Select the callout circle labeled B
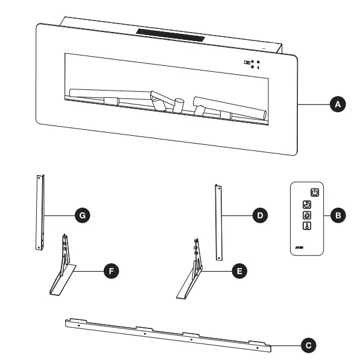tap(338, 214)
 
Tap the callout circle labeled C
tap(309, 345)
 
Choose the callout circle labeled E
tap(240, 272)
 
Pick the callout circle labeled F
tap(110, 272)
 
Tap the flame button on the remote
tap(306, 215)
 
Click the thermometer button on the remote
tap(306, 226)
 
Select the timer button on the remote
tap(306, 205)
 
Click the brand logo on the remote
tap(300, 247)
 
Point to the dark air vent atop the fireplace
tap(171, 35)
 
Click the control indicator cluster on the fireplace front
tap(252, 63)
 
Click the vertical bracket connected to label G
tap(40, 212)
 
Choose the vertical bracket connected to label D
tap(218, 222)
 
